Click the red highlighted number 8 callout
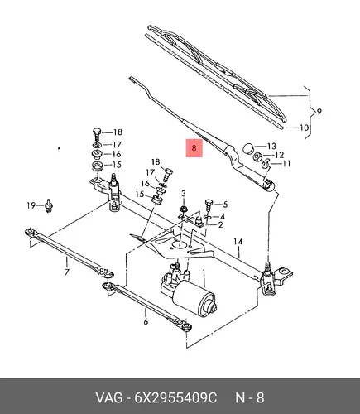click(194, 148)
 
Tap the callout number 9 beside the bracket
click(319, 112)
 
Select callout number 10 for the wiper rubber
click(304, 128)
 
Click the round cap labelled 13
click(247, 148)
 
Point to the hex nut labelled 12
click(257, 157)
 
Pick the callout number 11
click(286, 164)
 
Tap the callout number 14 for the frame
click(238, 242)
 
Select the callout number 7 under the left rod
click(67, 272)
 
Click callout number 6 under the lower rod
click(146, 321)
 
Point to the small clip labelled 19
click(49, 206)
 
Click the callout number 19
click(31, 205)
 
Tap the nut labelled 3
click(184, 209)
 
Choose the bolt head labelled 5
click(209, 203)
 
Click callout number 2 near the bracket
click(220, 225)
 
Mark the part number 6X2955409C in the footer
click(175, 398)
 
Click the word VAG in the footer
click(109, 398)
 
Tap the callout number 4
click(222, 217)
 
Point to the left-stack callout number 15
click(117, 165)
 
